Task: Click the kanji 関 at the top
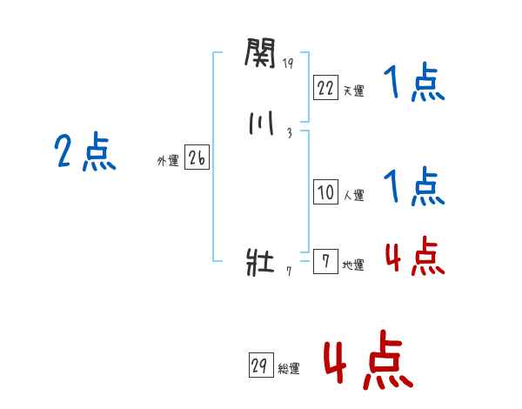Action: coord(260,55)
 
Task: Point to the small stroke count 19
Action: coord(288,63)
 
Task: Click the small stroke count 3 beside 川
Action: coord(288,132)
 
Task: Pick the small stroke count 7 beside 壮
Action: coord(288,271)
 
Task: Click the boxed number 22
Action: coord(325,87)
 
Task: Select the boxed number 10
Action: coord(325,192)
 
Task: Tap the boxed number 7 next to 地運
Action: coord(325,262)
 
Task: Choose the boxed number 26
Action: coord(197,158)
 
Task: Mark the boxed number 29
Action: coord(258,365)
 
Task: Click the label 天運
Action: coord(353,91)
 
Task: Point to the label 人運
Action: coord(353,196)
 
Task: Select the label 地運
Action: coord(353,265)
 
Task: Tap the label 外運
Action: coord(167,161)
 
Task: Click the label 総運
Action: coord(288,369)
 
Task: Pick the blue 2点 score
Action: coord(85,154)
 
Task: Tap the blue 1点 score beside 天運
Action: coord(414,84)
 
